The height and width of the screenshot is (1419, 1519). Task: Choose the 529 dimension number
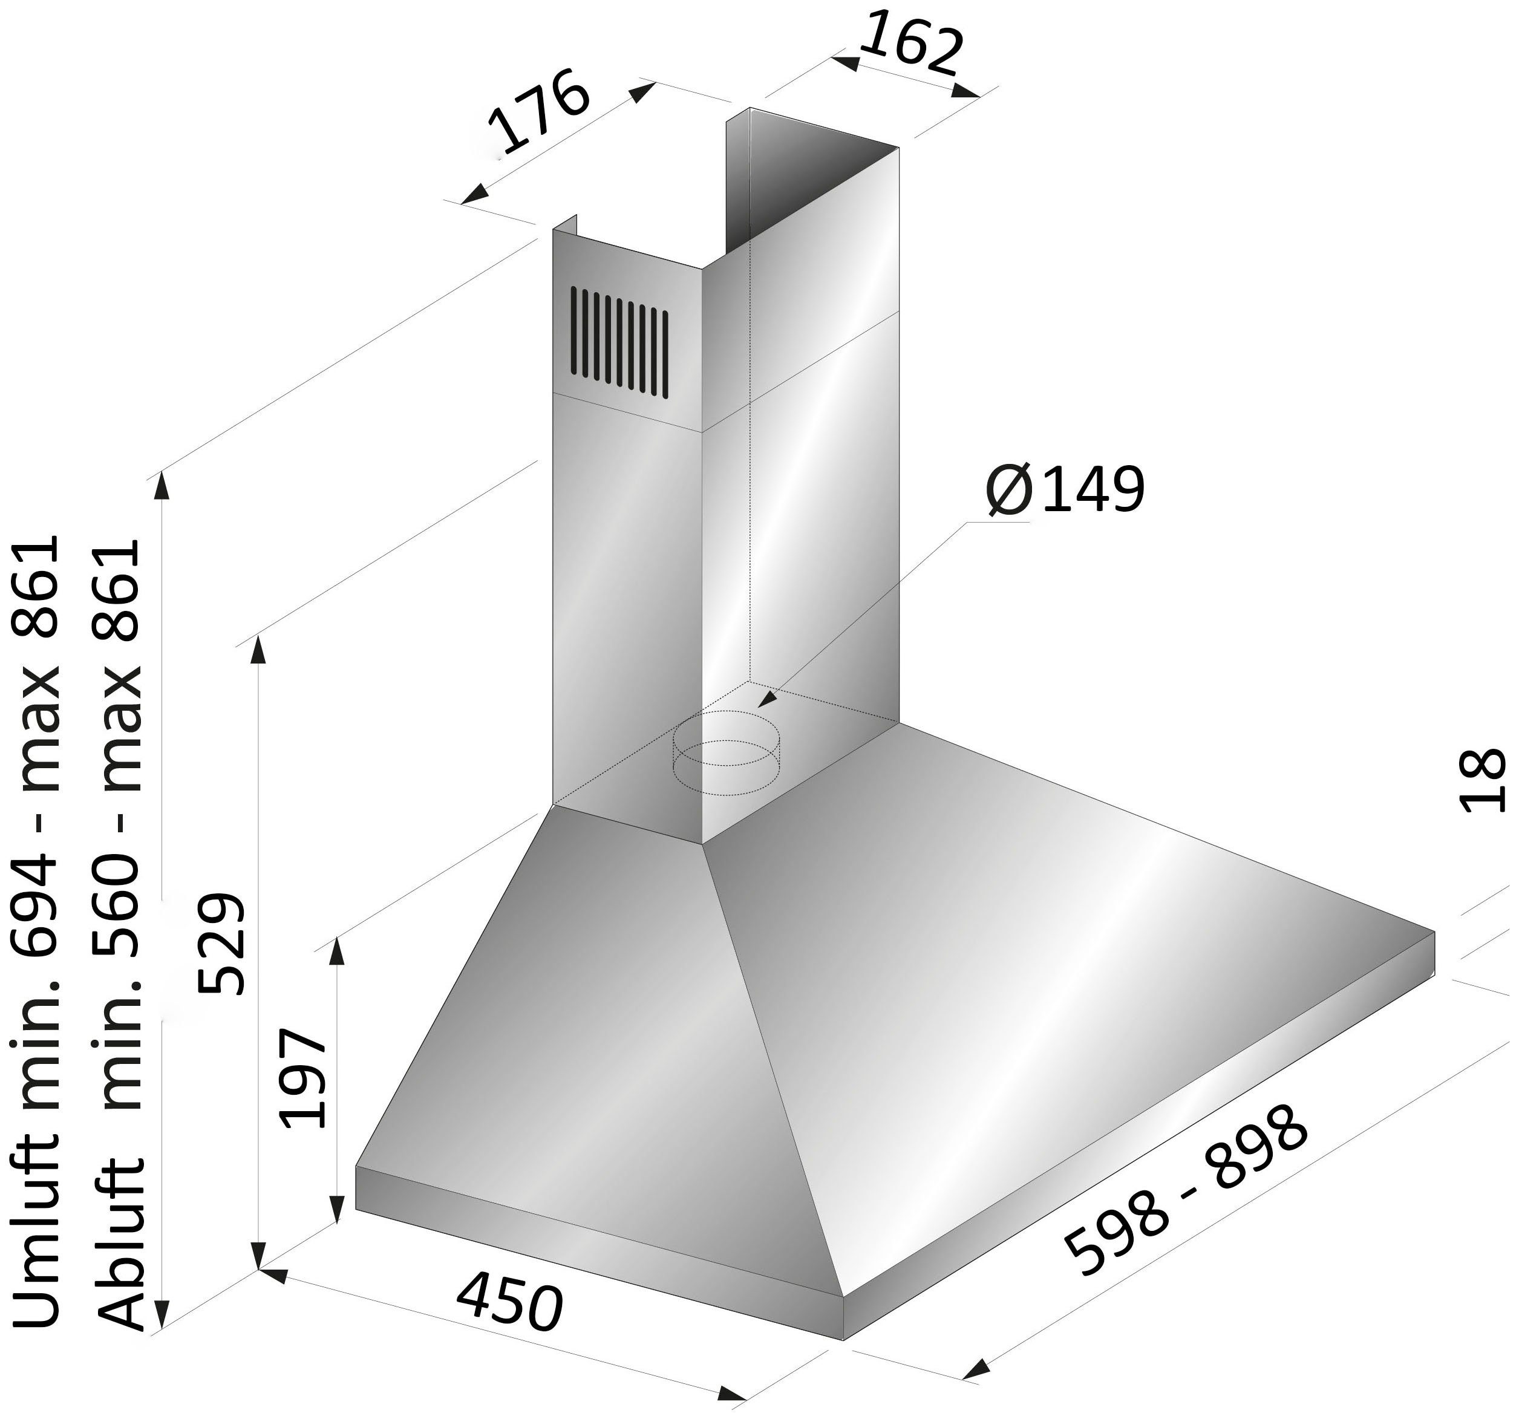(x=221, y=944)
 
